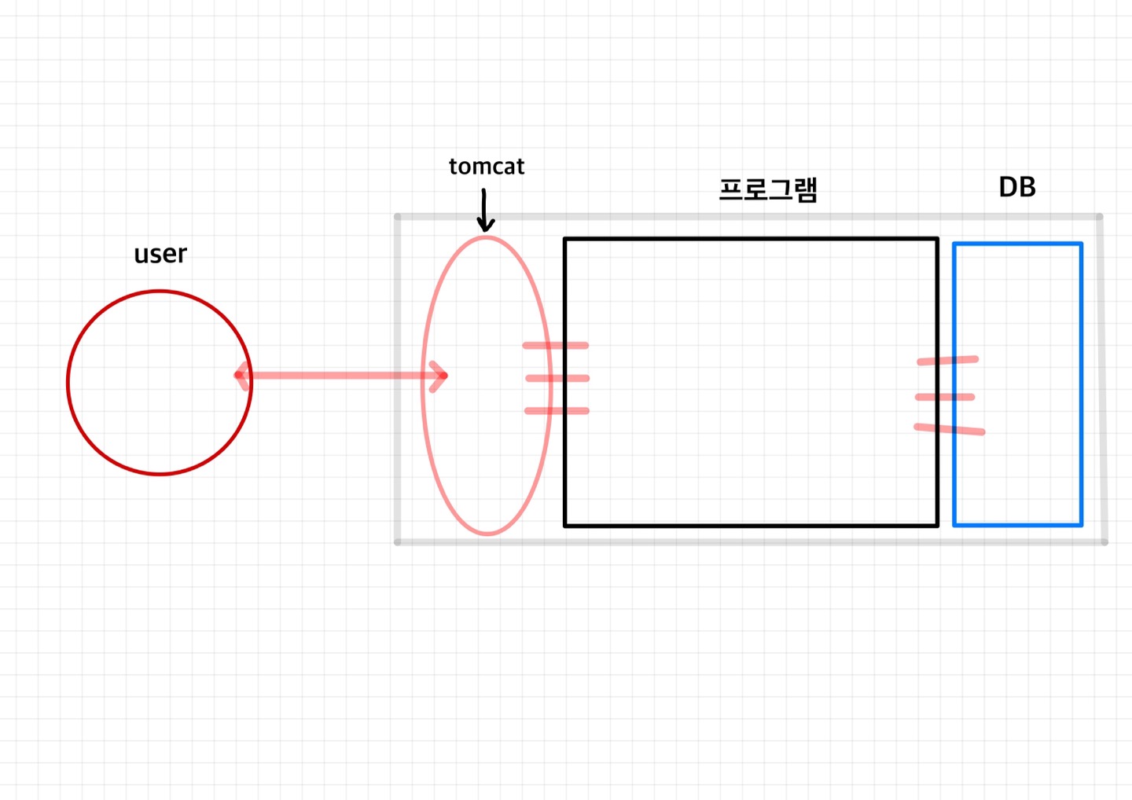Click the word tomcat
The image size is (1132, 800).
click(486, 167)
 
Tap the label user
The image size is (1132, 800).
click(160, 255)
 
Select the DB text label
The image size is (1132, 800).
click(1016, 187)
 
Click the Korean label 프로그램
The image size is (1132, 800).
click(768, 189)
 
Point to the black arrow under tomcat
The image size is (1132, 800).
click(485, 211)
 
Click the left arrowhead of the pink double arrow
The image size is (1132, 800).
click(241, 376)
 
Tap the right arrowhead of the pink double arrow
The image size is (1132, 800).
click(441, 376)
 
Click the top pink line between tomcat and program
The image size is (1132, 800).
click(556, 345)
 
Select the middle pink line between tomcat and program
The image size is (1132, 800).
click(557, 378)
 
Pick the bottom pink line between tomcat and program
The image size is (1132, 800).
click(557, 410)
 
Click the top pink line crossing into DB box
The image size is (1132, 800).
click(947, 361)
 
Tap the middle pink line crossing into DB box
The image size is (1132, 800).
click(945, 397)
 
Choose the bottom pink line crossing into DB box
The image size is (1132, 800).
click(949, 429)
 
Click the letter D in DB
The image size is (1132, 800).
click(1008, 187)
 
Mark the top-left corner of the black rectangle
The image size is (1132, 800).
click(565, 239)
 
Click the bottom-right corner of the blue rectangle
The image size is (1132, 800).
click(1081, 524)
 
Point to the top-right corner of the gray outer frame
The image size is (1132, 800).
click(1099, 217)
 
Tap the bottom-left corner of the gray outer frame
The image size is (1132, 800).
click(398, 541)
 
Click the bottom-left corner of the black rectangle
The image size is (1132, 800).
click(565, 524)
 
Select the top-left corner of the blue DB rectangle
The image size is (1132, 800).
click(954, 244)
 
